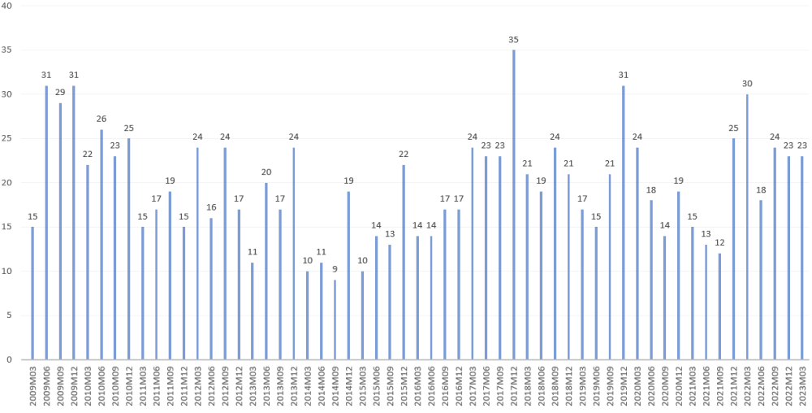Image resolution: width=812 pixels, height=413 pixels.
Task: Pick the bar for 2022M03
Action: (747, 227)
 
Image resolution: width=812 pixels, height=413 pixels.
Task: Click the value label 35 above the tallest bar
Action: (514, 39)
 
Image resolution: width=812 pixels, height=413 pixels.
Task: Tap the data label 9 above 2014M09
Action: (335, 269)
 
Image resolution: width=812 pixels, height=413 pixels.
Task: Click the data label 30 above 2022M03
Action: (747, 83)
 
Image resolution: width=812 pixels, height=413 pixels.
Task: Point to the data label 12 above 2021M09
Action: (719, 242)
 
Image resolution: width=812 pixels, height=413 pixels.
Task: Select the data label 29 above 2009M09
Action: (60, 92)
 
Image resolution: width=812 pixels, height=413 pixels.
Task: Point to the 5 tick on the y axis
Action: (10, 315)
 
